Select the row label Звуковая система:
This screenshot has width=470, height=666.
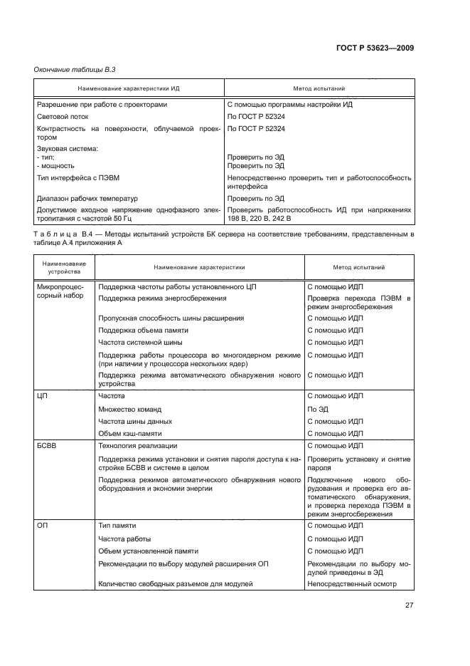(x=67, y=149)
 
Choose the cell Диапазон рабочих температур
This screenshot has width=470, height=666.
(x=87, y=199)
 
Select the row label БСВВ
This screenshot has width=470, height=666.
(x=47, y=445)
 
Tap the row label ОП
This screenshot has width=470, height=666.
(x=42, y=525)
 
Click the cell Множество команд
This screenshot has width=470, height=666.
(x=130, y=410)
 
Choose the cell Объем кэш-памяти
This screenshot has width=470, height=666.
(x=130, y=432)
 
